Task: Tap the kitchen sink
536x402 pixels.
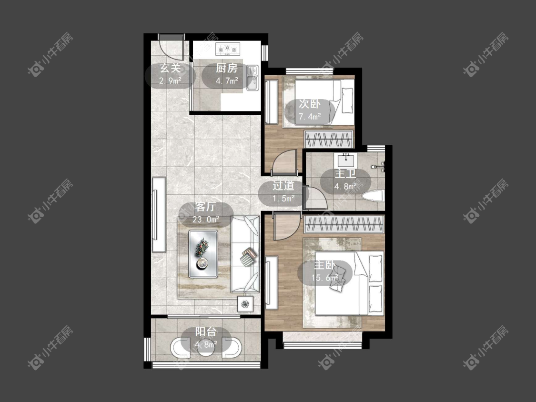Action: tap(253, 78)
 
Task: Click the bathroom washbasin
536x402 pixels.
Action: tap(346, 161)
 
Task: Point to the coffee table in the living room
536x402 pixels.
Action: tap(203, 254)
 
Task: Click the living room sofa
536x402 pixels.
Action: tap(245, 254)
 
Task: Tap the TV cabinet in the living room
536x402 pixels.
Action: tap(159, 214)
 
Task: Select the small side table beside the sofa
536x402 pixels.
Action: tap(245, 303)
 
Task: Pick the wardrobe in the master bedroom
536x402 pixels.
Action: tap(344, 225)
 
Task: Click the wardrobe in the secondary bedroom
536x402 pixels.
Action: tap(328, 140)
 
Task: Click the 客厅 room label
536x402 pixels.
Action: tap(205, 207)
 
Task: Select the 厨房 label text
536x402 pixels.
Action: tap(226, 69)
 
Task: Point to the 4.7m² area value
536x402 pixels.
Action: tap(227, 81)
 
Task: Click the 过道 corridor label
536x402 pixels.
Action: tap(283, 186)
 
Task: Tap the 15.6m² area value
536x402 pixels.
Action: tap(324, 278)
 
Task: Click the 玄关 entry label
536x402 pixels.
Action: tap(170, 69)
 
